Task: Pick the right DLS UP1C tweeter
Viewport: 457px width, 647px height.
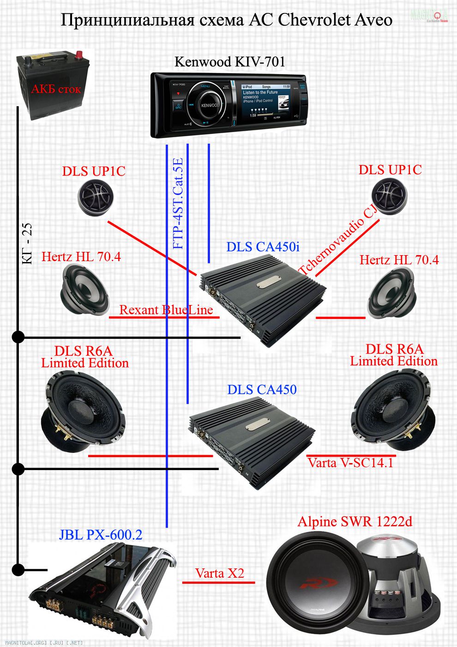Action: tap(389, 196)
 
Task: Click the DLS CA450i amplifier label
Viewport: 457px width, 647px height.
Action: tap(263, 247)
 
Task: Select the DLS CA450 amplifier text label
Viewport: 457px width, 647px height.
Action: tap(262, 390)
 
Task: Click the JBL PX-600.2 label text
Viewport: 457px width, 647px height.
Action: tap(100, 535)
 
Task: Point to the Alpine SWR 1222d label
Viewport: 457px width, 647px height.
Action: tap(355, 522)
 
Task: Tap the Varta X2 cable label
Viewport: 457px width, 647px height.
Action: tap(219, 574)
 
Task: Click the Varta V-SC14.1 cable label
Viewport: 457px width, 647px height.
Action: tap(350, 463)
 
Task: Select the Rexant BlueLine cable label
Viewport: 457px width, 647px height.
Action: tap(166, 310)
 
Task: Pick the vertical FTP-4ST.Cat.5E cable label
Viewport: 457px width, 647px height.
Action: tap(178, 203)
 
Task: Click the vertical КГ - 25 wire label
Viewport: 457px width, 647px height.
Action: tap(27, 244)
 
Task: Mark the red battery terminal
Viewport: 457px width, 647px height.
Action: tap(79, 55)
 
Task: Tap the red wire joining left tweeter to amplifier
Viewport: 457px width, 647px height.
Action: tap(148, 245)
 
